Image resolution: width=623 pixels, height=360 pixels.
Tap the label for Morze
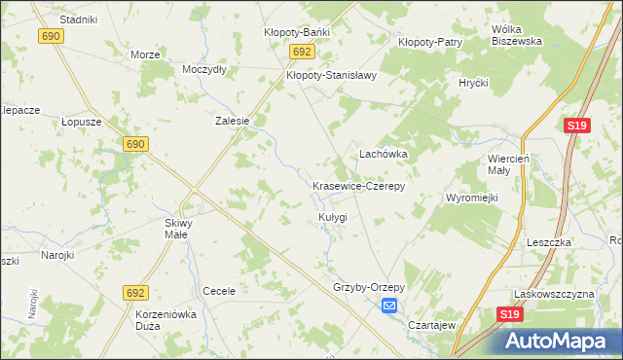[144, 54]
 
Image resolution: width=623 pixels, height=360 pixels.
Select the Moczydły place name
[204, 70]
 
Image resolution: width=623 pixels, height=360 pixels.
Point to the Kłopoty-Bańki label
[297, 32]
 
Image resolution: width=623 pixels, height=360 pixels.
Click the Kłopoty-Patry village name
[429, 42]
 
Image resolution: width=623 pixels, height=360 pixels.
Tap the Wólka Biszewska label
[516, 35]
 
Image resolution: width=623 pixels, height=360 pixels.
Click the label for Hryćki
[473, 83]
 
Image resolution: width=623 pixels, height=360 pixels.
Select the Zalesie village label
[233, 122]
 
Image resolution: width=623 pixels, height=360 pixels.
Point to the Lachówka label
[384, 154]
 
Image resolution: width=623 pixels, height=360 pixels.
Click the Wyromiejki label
[472, 198]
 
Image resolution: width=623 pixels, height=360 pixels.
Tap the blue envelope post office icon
[389, 306]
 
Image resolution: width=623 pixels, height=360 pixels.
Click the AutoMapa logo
[562, 342]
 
